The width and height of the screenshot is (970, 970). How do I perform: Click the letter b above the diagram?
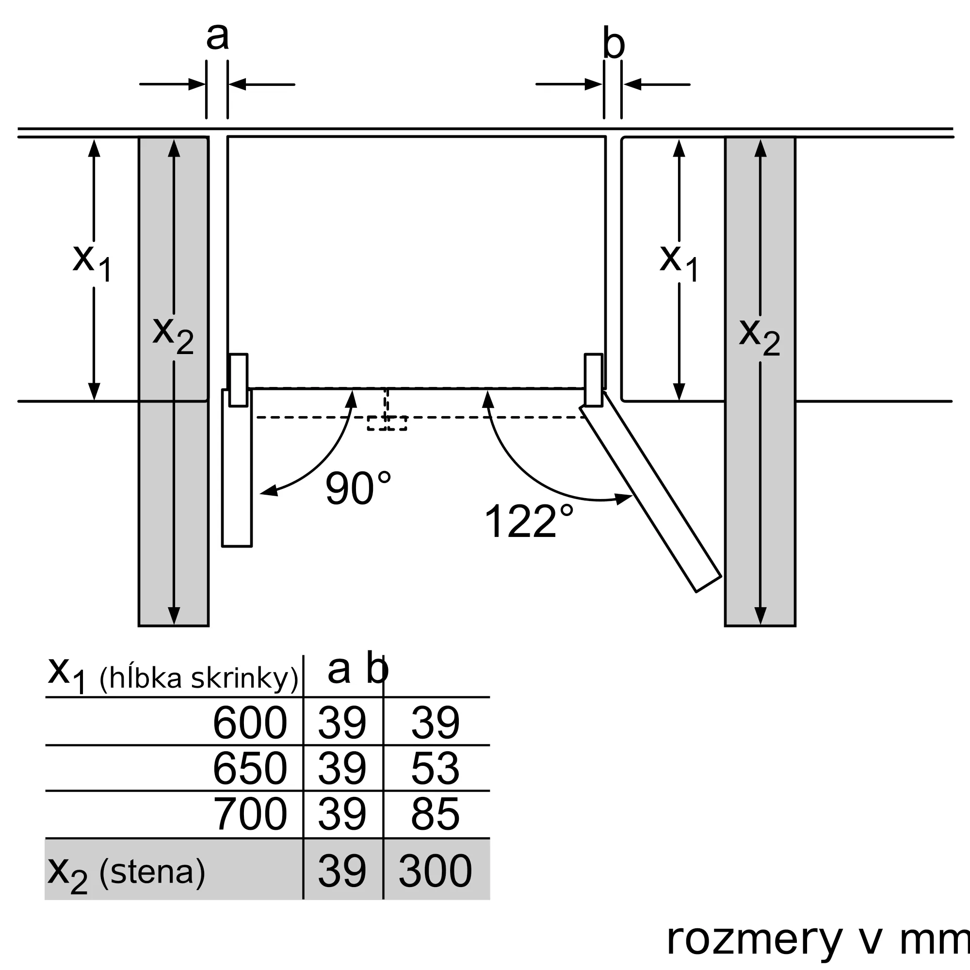pos(613,44)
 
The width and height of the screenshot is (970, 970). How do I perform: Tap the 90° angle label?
pos(358,488)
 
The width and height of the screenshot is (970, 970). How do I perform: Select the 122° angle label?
pos(528,521)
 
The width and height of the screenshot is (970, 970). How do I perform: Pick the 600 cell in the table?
pos(249,723)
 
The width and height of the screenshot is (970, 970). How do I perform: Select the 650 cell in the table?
pos(249,768)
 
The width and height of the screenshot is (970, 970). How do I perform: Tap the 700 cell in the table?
pos(249,814)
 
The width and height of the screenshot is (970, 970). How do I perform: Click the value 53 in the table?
pos(435,768)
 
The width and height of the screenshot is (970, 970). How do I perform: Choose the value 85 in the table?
pos(435,814)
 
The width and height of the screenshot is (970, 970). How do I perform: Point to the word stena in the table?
pos(152,872)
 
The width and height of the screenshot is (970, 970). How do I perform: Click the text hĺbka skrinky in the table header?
pos(199,678)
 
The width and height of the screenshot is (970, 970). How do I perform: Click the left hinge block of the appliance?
pos(239,380)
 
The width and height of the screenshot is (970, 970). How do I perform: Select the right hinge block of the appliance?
pos(594,380)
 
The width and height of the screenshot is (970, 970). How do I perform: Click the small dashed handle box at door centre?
pos(387,423)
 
